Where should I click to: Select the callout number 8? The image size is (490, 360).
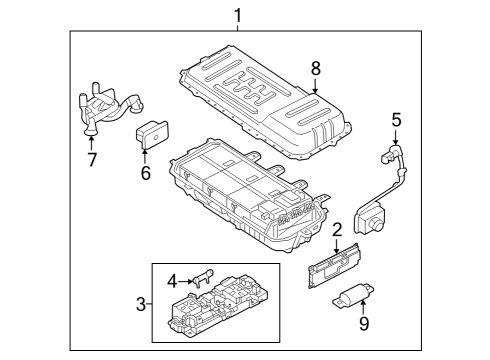tap(316, 69)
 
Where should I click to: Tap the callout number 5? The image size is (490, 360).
tap(396, 120)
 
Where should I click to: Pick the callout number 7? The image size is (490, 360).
tap(91, 159)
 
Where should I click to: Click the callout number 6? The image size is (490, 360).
tap(144, 173)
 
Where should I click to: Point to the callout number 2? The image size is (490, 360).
tap(337, 230)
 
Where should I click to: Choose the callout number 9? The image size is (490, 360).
tap(363, 322)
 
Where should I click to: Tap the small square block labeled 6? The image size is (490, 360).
tap(152, 134)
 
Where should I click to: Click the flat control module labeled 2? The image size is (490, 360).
tap(335, 265)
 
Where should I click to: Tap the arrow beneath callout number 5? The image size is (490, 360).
tap(396, 138)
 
